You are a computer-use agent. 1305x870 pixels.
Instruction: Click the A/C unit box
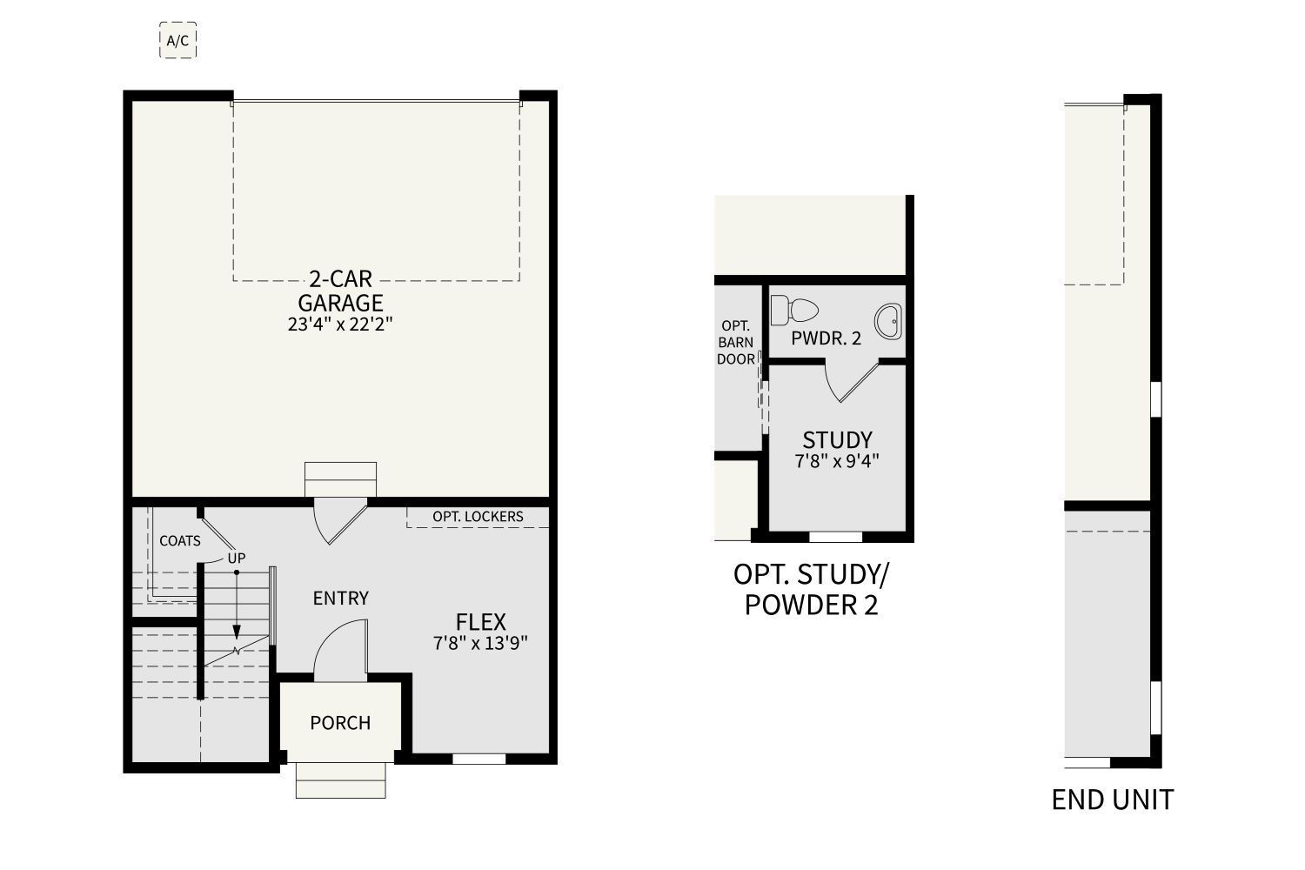(177, 40)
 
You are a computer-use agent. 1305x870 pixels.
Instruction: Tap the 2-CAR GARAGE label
(341, 291)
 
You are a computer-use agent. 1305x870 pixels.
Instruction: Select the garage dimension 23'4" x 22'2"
(340, 324)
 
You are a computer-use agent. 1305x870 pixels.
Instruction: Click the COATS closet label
(180, 541)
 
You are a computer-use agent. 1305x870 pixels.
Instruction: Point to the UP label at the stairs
(237, 559)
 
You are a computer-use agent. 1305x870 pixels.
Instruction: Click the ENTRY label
(341, 598)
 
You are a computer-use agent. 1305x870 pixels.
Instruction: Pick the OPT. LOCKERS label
(478, 516)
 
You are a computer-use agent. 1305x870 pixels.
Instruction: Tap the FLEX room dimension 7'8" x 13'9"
(480, 643)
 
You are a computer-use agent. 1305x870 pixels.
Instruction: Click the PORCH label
(340, 723)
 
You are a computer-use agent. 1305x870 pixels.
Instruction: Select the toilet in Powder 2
(794, 310)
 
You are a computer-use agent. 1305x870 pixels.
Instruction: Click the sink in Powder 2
(888, 321)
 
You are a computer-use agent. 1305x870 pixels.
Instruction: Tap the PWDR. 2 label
(826, 338)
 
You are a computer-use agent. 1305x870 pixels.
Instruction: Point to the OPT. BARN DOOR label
(736, 343)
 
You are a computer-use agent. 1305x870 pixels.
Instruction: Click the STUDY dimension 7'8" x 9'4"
(837, 461)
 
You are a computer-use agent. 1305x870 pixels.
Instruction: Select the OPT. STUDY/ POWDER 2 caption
(812, 590)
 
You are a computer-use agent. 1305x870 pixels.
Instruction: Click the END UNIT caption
(1113, 800)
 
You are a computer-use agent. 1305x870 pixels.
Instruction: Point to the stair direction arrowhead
(237, 632)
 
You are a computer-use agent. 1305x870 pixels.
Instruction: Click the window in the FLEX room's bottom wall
(478, 759)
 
